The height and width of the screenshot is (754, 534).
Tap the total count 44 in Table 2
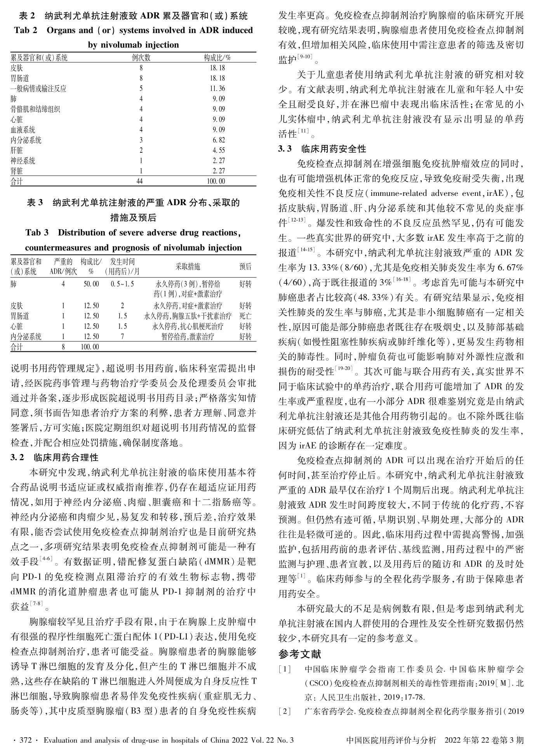pyautogui.click(x=140, y=181)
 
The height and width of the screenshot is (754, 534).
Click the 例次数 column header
pyautogui.click(x=141, y=58)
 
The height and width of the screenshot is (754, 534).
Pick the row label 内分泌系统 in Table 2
pyautogui.click(x=26, y=140)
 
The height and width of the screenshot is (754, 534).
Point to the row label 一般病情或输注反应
pyautogui.click(x=38, y=89)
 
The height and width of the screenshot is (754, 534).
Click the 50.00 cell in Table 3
pyautogui.click(x=91, y=284)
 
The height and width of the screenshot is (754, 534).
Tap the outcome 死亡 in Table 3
pyautogui.click(x=245, y=316)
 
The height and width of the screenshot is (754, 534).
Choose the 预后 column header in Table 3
pyautogui.click(x=245, y=267)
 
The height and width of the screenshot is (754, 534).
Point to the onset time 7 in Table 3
pyautogui.click(x=122, y=337)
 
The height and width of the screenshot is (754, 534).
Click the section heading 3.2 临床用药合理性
pyautogui.click(x=54, y=457)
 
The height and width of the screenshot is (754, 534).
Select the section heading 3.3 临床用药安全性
pyautogui.click(x=322, y=149)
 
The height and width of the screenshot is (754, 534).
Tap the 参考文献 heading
pyautogui.click(x=300, y=655)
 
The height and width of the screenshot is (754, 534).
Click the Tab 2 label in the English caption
pyautogui.click(x=26, y=30)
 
